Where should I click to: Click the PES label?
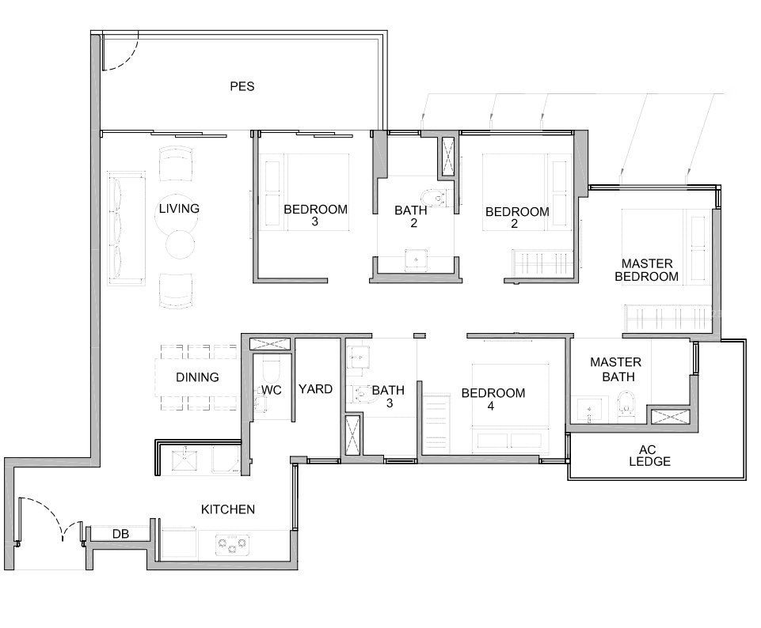[x=242, y=86]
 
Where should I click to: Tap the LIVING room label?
[x=179, y=208]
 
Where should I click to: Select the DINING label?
[x=197, y=377]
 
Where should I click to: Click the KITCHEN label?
[x=227, y=509]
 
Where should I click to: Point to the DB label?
[x=121, y=534]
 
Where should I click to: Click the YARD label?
[x=315, y=389]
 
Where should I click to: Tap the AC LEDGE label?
[x=649, y=456]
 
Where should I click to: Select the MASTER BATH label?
[x=616, y=369]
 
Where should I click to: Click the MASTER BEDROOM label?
[x=646, y=270]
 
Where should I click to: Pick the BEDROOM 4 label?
[x=493, y=399]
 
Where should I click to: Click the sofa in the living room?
[x=126, y=228]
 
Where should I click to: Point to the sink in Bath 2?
[x=416, y=259]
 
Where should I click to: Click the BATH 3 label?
[x=388, y=396]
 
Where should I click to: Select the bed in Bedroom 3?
[x=304, y=192]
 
